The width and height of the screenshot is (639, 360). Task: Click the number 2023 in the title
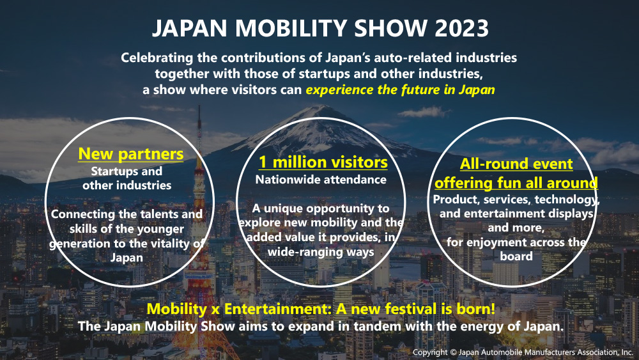point(462,29)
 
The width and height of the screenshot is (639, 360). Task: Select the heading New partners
point(131,153)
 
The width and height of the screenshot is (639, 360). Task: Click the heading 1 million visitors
point(323,162)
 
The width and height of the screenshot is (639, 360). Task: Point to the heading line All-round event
point(516,164)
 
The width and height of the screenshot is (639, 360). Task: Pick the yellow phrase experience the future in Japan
point(400,90)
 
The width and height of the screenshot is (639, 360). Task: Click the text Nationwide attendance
point(321,180)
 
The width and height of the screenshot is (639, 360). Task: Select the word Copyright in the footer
point(430,352)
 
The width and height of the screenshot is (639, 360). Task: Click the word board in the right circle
point(516,256)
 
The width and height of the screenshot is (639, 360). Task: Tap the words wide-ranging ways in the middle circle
point(321,252)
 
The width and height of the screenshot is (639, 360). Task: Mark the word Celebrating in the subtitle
point(157,58)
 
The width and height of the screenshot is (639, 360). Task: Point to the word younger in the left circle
point(160,229)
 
